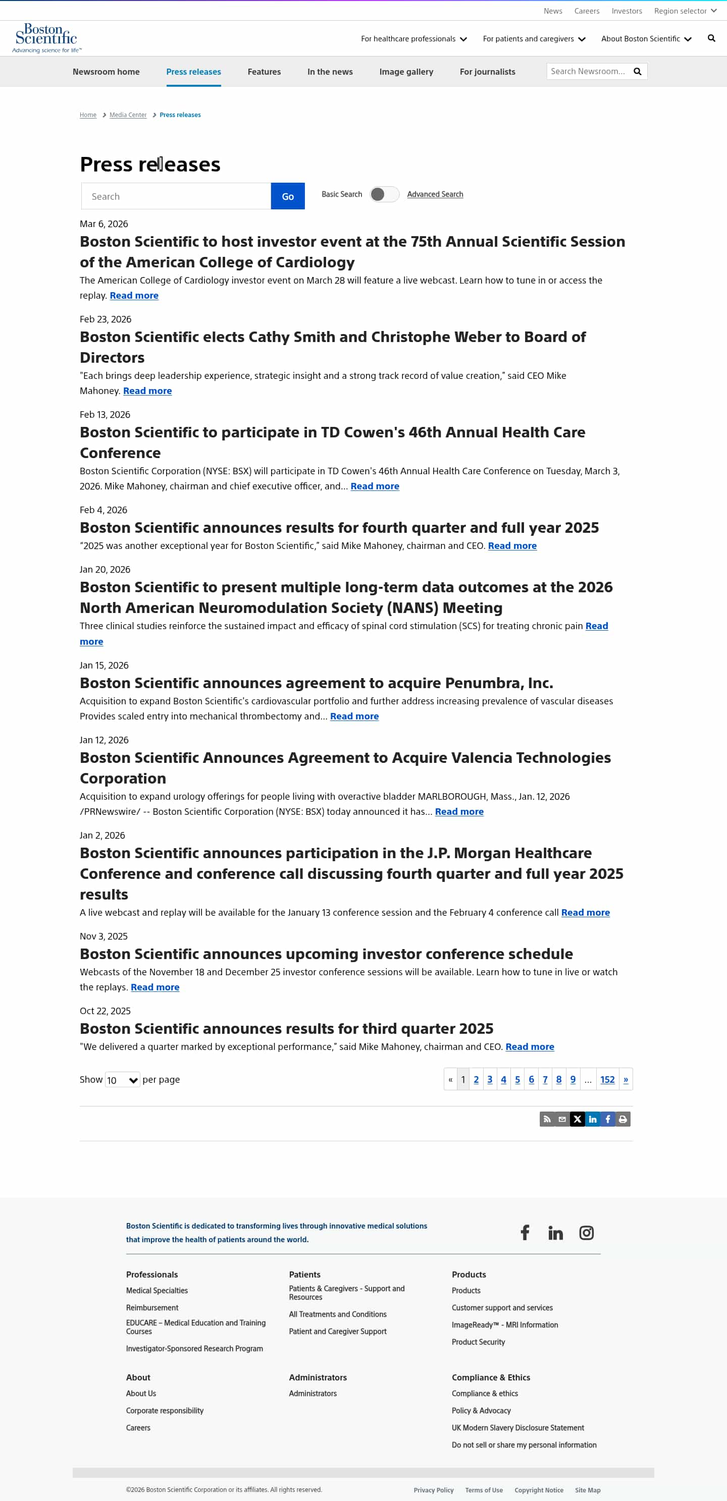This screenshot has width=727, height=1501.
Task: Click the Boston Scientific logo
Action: pyautogui.click(x=46, y=37)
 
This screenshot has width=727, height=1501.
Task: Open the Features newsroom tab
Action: pyautogui.click(x=264, y=72)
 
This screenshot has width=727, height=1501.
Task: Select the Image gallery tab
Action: pyautogui.click(x=406, y=72)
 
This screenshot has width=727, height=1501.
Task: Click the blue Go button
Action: pyautogui.click(x=287, y=196)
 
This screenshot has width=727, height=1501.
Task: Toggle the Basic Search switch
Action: pyautogui.click(x=384, y=194)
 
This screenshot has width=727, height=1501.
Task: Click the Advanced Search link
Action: pyautogui.click(x=435, y=194)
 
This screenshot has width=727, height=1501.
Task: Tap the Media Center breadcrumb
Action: pyautogui.click(x=128, y=115)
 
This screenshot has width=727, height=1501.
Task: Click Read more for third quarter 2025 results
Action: pyautogui.click(x=530, y=1046)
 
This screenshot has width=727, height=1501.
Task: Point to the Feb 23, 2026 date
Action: pyautogui.click(x=106, y=319)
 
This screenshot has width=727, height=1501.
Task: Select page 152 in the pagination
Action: pyautogui.click(x=607, y=1079)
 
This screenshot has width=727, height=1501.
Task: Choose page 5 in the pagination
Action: pyautogui.click(x=517, y=1079)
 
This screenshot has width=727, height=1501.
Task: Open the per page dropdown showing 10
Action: pyautogui.click(x=123, y=1080)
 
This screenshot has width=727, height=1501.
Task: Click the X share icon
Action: pyautogui.click(x=577, y=1119)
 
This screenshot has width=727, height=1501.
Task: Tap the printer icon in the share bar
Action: pyautogui.click(x=622, y=1119)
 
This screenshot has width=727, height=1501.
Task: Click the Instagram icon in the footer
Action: pyautogui.click(x=586, y=1233)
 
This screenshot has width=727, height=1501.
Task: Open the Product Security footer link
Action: pyautogui.click(x=478, y=1342)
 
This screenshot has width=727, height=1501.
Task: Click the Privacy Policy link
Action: pyautogui.click(x=433, y=1489)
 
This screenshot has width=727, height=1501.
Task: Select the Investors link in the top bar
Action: pyautogui.click(x=626, y=11)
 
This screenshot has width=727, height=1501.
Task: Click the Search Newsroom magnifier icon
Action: pyautogui.click(x=637, y=72)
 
